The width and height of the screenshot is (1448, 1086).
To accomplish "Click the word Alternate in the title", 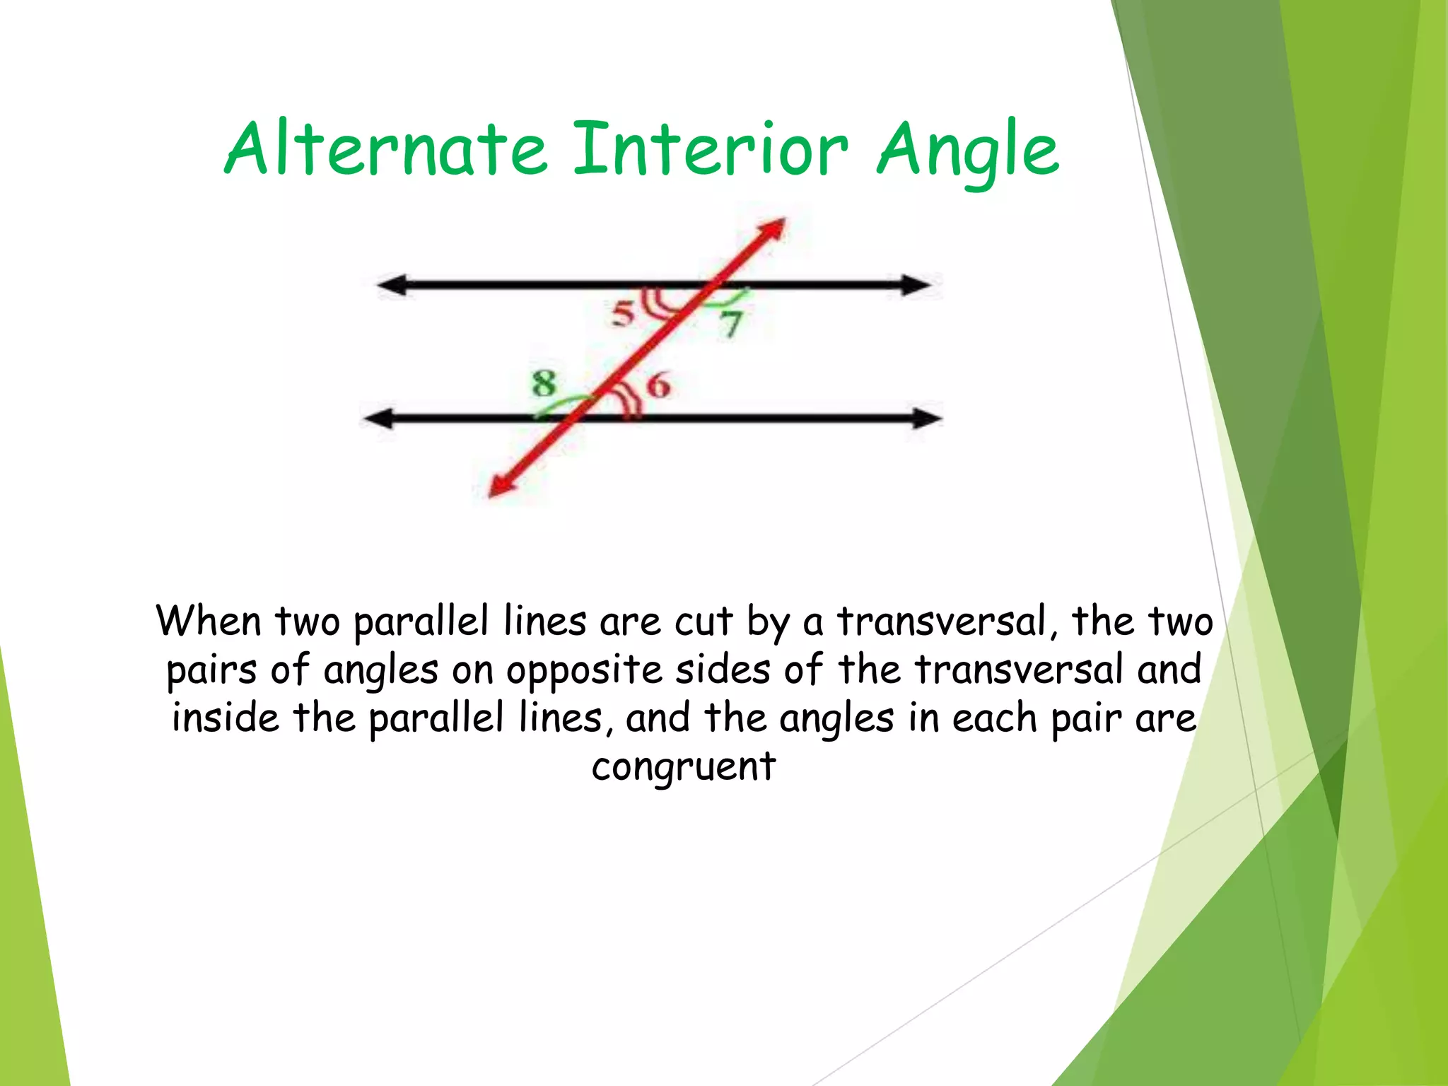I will click(x=386, y=149).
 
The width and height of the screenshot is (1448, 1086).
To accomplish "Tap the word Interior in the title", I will click(x=710, y=149).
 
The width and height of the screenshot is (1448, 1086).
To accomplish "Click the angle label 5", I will click(x=624, y=313).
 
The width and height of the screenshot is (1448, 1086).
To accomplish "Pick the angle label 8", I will click(x=544, y=384).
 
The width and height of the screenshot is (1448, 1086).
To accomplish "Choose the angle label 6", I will click(x=658, y=386).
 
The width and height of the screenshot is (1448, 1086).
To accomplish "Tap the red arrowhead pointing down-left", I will click(x=499, y=487).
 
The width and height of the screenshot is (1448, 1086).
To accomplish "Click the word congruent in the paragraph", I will click(x=684, y=767).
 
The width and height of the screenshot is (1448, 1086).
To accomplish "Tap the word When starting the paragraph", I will click(x=209, y=621).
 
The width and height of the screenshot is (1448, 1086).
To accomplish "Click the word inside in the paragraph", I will click(x=226, y=718).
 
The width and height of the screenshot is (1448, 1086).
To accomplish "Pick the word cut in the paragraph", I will click(x=703, y=623).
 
